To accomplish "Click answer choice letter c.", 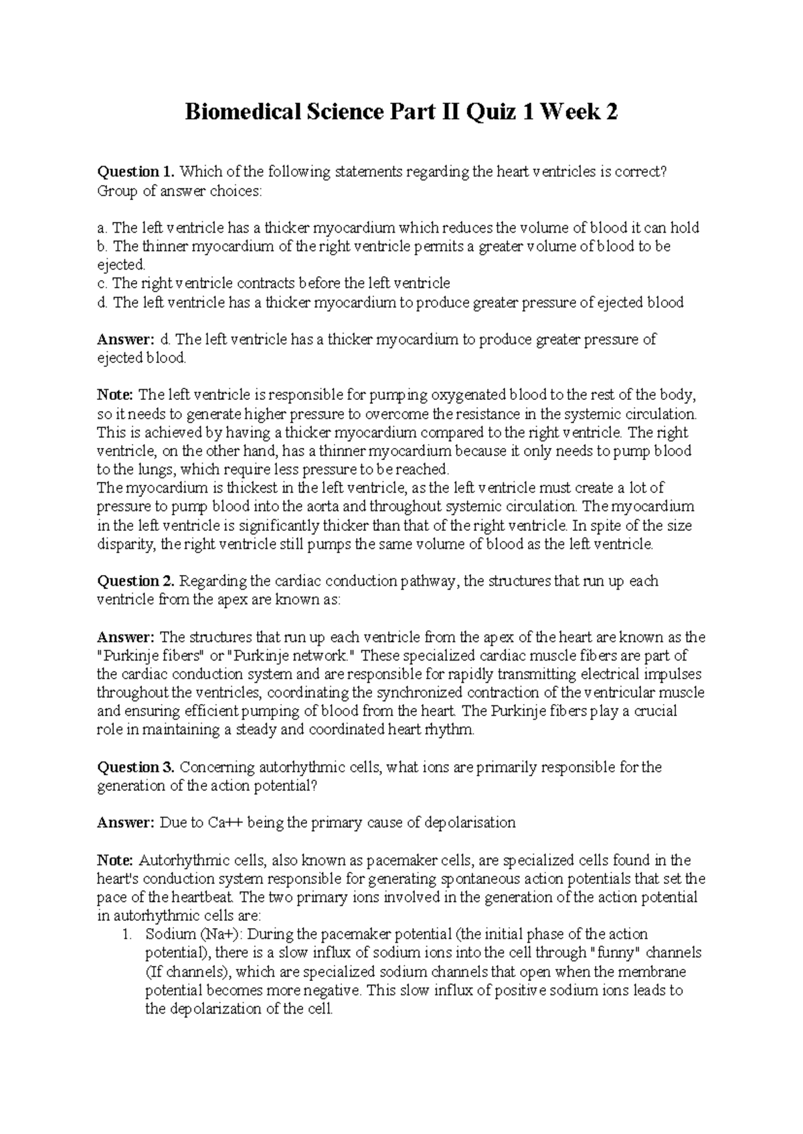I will click(x=102, y=283).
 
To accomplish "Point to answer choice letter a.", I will click(x=102, y=228).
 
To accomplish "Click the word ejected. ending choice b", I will click(x=120, y=265).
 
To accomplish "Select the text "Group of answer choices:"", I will click(x=180, y=191).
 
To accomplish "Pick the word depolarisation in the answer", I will click(x=470, y=822).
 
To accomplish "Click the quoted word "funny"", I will click(x=614, y=953).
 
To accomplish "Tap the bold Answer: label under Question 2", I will click(x=126, y=637).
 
